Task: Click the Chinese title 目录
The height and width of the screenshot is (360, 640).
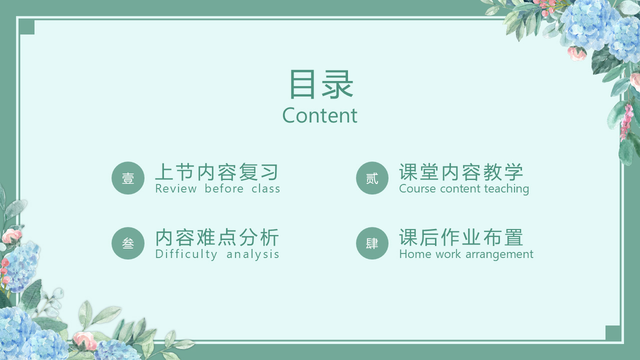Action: coord(321,84)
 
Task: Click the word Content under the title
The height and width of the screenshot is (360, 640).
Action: coord(319,115)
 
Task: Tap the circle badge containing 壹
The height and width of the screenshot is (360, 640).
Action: coord(128,178)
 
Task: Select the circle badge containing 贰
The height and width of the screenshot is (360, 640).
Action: coord(372,178)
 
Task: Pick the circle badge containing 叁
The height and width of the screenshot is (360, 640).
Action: coord(128,243)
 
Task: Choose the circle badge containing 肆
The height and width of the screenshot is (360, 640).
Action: coord(372,243)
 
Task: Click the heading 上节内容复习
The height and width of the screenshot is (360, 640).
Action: coord(217,172)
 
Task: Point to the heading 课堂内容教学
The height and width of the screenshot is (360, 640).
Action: coord(461,172)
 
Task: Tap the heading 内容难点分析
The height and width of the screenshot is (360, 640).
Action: coord(217,237)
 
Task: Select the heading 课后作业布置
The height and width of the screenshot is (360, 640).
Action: coord(461,237)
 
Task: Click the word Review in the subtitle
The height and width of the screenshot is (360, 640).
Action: coord(175,188)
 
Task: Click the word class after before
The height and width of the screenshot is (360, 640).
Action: coord(265,188)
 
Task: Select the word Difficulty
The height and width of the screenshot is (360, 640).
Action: coord(186,254)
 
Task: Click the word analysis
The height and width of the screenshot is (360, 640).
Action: coord(252,254)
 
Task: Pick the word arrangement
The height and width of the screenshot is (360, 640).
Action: coord(499,254)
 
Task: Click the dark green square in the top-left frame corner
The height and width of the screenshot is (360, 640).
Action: coord(26,27)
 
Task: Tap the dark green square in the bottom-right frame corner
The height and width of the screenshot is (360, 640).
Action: coord(613,333)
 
